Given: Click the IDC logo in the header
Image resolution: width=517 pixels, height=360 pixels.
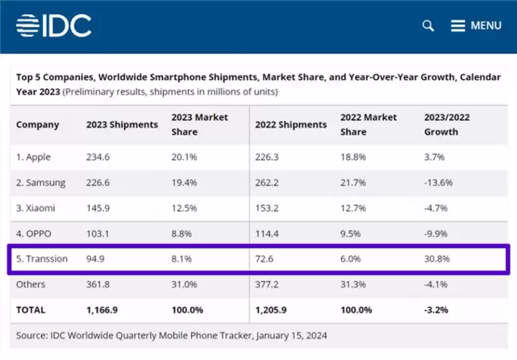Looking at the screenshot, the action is [x=54, y=25].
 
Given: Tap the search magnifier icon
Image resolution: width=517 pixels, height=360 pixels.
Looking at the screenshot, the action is [x=428, y=25].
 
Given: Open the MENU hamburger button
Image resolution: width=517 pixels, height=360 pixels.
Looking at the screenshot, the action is [x=476, y=25].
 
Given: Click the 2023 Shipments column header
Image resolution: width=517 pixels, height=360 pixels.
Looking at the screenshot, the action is [x=122, y=125].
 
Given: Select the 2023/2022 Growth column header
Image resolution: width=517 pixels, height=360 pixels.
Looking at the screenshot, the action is [x=447, y=125].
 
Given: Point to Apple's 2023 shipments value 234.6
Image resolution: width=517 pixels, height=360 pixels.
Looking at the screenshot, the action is [x=98, y=157].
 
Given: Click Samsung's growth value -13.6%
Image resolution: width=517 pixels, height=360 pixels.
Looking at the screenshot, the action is [x=438, y=183].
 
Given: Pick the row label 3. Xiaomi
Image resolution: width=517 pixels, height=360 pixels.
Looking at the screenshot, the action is [x=36, y=208].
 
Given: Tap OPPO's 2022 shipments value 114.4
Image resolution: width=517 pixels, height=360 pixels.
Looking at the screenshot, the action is [x=266, y=234].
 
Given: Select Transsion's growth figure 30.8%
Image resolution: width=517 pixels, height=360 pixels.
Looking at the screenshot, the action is [x=437, y=259].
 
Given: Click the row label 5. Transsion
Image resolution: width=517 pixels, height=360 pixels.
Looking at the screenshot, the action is [x=42, y=259].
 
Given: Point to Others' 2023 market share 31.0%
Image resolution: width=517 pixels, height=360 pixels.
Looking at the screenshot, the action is [x=185, y=285].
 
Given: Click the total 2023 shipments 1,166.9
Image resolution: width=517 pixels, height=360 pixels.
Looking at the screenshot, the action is [x=102, y=310].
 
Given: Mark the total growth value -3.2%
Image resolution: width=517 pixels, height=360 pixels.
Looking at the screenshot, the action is [x=436, y=310].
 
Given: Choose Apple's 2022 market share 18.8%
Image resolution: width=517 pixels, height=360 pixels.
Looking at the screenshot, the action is [x=353, y=157].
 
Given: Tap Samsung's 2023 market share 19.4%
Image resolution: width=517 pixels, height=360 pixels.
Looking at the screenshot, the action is [x=185, y=183].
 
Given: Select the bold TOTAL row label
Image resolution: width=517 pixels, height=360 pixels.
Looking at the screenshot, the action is [x=31, y=310].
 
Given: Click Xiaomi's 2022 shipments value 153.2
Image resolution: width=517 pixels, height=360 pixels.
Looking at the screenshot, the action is [x=266, y=208].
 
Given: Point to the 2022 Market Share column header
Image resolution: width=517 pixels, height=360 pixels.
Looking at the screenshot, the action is [x=368, y=125].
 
